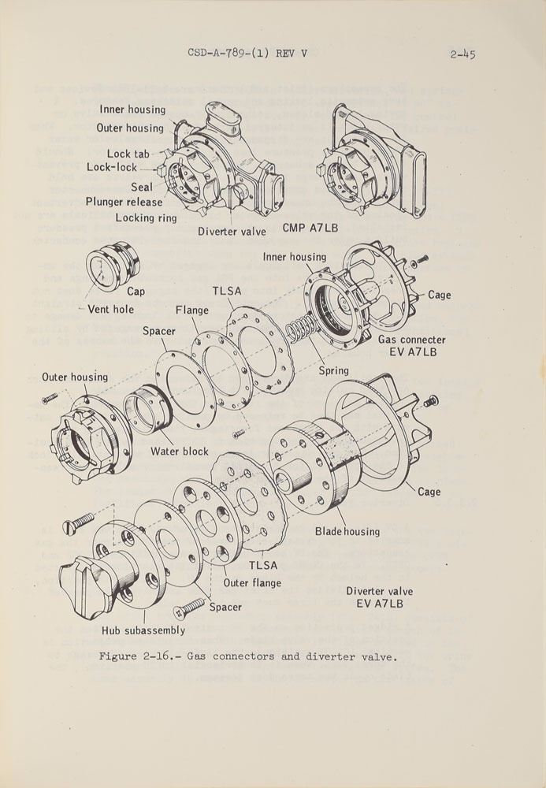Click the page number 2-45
pos(462,54)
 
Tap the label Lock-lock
pos(112,167)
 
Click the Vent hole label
pos(110,310)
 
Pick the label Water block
pos(180,452)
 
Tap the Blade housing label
pos(347,531)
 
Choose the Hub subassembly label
pos(143,630)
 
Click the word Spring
pos(333,370)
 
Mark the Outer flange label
pos(252,583)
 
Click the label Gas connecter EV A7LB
pos(411,345)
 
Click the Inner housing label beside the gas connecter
pos(295,257)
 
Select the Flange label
pos(192,310)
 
